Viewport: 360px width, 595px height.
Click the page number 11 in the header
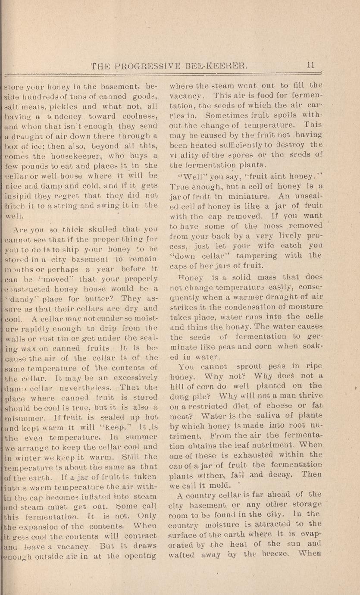point(310,65)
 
